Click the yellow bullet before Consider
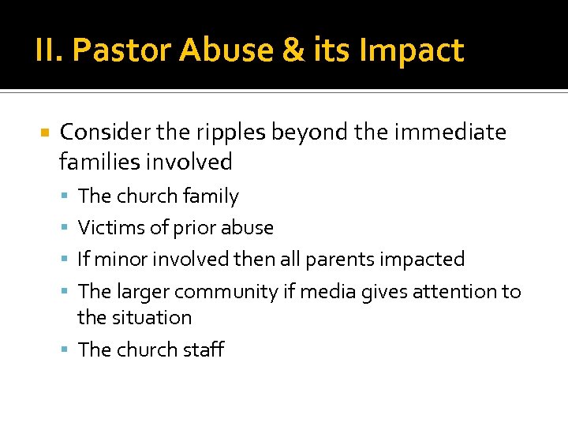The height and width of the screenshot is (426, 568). (x=44, y=133)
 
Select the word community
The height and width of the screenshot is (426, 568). (x=226, y=292)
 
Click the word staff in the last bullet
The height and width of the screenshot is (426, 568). (x=203, y=349)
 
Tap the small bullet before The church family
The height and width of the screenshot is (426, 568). (x=65, y=196)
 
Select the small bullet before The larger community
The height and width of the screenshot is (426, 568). (x=65, y=293)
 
